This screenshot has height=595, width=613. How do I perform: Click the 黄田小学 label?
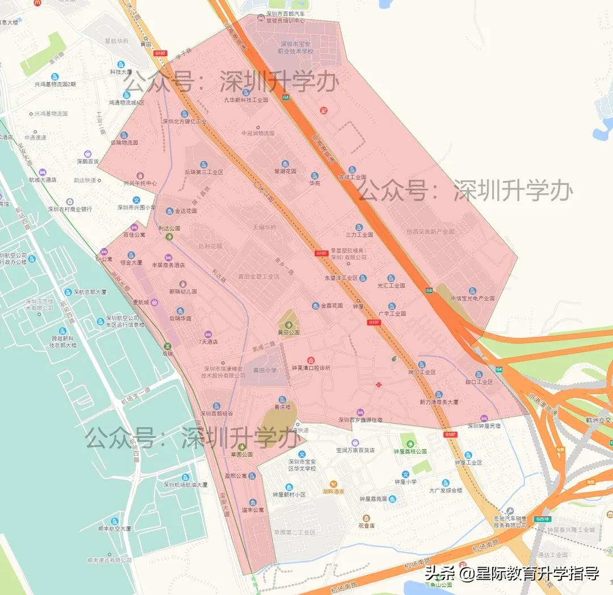(x=264, y=370)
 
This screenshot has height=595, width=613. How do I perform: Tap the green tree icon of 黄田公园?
(x=289, y=324)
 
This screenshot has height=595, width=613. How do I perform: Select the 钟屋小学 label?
(x=405, y=482)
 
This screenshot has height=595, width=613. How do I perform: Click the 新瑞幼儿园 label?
(x=182, y=292)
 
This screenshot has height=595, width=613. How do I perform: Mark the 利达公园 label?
(x=169, y=228)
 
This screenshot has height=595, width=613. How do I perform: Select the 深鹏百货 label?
(x=88, y=161)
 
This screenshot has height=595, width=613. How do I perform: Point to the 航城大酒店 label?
(x=43, y=179)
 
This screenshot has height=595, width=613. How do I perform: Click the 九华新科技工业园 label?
(x=245, y=100)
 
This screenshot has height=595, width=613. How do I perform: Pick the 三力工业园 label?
(x=359, y=234)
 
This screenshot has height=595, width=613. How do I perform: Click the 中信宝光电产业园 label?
(x=472, y=298)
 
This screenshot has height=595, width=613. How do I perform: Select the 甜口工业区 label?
(x=478, y=382)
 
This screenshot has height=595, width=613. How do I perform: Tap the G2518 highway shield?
(x=543, y=518)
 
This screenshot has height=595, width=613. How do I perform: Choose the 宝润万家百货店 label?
(x=355, y=450)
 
